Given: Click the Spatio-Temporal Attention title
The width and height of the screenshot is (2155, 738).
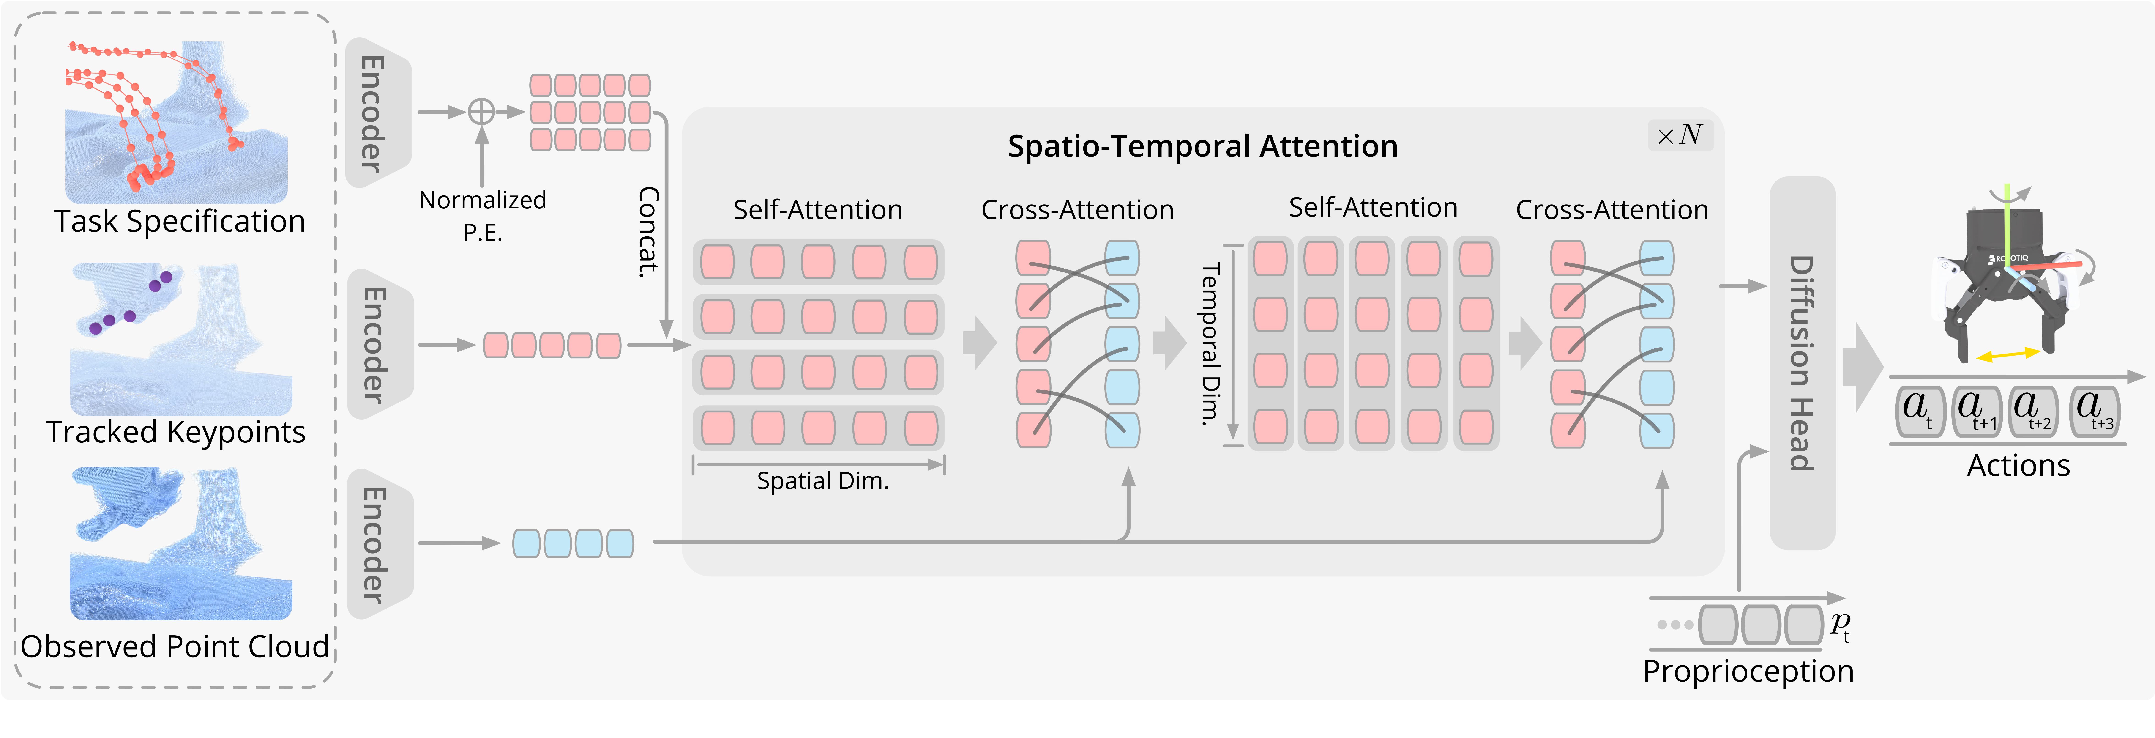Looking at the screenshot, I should tap(1202, 146).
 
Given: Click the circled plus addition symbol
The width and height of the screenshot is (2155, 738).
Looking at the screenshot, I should tap(481, 111).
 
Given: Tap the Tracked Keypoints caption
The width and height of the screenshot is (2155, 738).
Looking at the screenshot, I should tap(176, 432).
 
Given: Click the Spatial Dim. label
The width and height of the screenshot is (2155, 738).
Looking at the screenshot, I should tap(822, 481).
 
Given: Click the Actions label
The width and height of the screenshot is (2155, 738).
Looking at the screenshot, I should tap(2018, 465).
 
